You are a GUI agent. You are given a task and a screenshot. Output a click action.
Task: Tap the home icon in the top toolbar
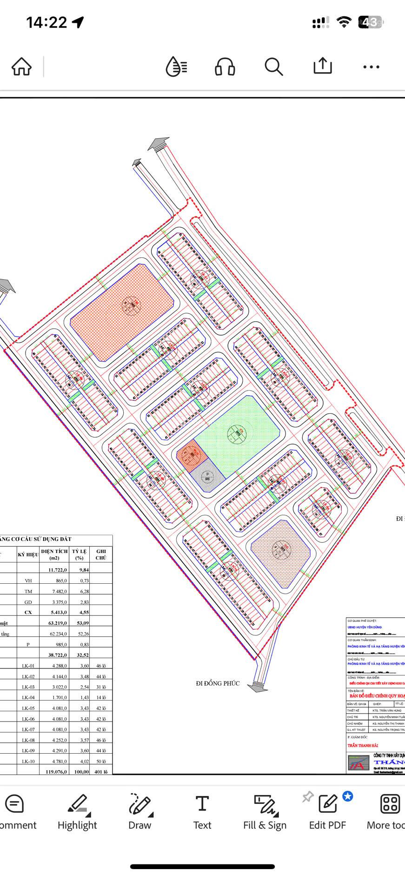click(x=21, y=67)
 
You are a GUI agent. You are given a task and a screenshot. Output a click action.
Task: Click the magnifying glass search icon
click(x=274, y=67)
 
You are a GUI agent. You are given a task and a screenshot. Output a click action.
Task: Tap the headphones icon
click(x=225, y=67)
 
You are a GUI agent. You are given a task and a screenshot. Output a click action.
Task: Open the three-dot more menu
click(x=371, y=67)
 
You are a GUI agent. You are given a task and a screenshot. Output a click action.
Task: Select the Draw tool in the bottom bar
click(x=140, y=812)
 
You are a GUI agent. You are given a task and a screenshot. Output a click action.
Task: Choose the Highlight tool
click(x=77, y=812)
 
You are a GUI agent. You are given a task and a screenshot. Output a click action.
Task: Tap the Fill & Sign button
click(x=265, y=812)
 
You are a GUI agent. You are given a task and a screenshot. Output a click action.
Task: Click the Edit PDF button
click(x=328, y=812)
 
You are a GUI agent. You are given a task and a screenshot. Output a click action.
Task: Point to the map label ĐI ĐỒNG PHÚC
click(x=218, y=683)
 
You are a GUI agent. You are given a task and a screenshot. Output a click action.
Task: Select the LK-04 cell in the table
click(x=28, y=697)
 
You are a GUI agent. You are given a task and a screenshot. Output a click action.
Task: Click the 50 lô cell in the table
click(x=101, y=761)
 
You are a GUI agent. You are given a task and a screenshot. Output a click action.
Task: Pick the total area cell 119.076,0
click(x=56, y=771)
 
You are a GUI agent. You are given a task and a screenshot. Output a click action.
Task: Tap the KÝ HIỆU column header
click(x=28, y=554)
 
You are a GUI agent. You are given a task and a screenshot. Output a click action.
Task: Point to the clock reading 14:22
click(x=46, y=22)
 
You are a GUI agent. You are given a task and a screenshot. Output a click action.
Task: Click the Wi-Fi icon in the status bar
click(x=344, y=22)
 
